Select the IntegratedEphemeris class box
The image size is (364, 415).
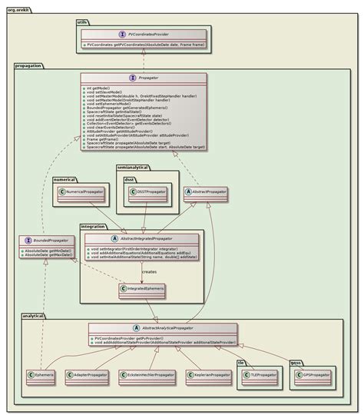pyautogui.click(x=144, y=289)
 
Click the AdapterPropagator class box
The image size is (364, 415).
pyautogui.click(x=90, y=376)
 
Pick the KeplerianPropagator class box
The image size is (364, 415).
pyautogui.click(x=209, y=376)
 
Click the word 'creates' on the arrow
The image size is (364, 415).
pyautogui.click(x=150, y=271)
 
